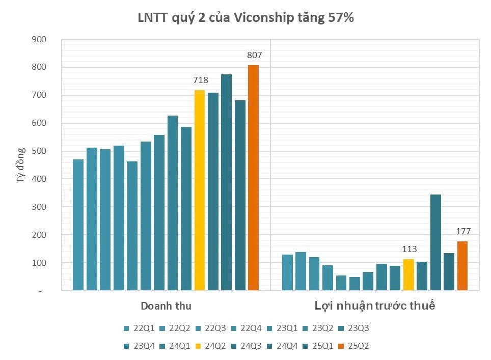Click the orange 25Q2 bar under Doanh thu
[x=253, y=178]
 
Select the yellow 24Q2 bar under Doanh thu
[x=200, y=190]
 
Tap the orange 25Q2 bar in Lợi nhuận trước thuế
[x=462, y=266]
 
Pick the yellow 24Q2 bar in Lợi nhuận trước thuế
[x=408, y=275]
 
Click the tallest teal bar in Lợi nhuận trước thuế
[x=435, y=242]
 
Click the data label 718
[x=200, y=80]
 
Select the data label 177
[x=463, y=232]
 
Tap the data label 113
[x=409, y=250]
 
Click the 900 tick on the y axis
[x=39, y=39]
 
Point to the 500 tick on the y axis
[x=39, y=151]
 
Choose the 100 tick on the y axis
[x=39, y=263]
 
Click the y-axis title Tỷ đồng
[x=20, y=165]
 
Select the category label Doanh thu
[x=166, y=306]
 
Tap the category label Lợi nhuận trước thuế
[x=374, y=306]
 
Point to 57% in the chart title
[x=342, y=17]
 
